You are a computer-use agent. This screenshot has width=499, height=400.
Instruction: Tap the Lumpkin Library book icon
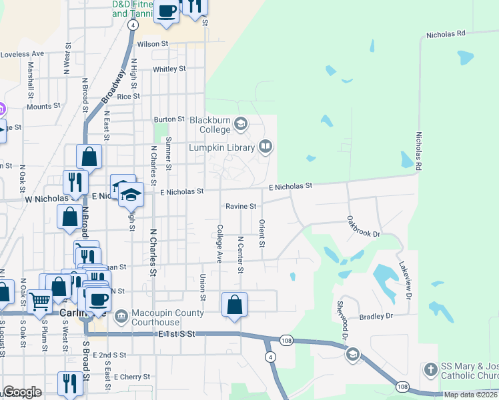click(x=266, y=147)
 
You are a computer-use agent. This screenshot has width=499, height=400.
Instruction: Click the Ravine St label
click(x=240, y=207)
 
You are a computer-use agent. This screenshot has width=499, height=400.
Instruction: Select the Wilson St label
click(x=153, y=44)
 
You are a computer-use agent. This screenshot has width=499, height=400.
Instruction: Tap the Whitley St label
click(x=169, y=69)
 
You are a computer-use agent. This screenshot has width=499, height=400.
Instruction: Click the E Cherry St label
click(x=131, y=377)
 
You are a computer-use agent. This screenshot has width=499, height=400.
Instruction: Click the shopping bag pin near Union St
click(x=235, y=305)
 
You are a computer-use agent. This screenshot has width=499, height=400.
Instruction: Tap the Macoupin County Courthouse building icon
click(x=121, y=315)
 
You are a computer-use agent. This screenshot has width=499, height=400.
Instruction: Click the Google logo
click(x=21, y=393)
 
